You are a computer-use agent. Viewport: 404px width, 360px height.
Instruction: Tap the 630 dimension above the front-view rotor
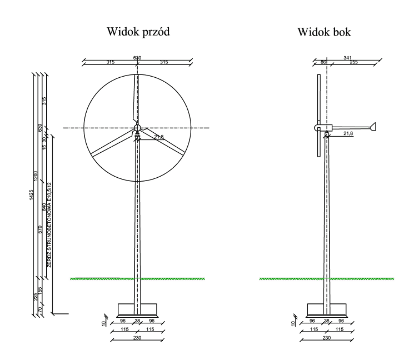137,57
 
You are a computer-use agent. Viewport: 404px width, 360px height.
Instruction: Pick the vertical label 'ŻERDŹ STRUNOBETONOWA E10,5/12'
49,222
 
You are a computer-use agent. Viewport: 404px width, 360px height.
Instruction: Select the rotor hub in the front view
137,128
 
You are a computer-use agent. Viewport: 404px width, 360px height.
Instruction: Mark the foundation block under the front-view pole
137,309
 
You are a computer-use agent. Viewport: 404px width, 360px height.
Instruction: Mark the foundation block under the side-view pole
327,309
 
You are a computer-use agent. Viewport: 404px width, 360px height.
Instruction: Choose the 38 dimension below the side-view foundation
327,321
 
